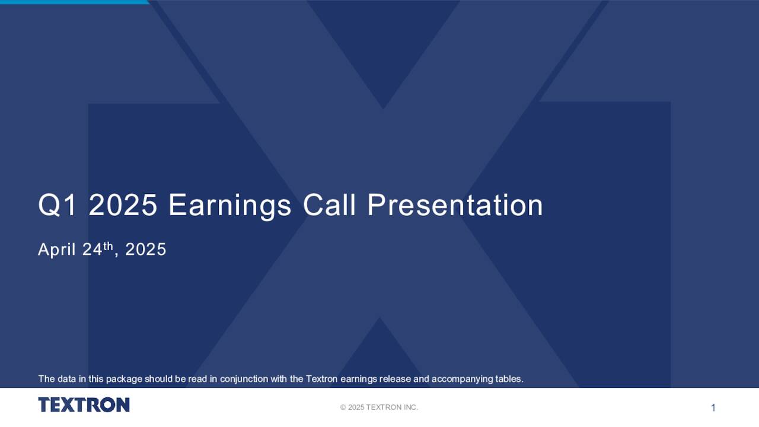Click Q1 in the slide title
(57, 206)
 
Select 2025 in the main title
(123, 206)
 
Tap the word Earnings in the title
(229, 206)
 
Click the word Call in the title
(329, 206)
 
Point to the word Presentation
(455, 206)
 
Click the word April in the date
(57, 250)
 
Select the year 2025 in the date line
(145, 250)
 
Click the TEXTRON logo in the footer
(84, 405)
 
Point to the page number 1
(713, 407)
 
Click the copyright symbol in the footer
(343, 407)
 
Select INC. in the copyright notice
(410, 407)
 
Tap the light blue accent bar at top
(74, 2)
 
